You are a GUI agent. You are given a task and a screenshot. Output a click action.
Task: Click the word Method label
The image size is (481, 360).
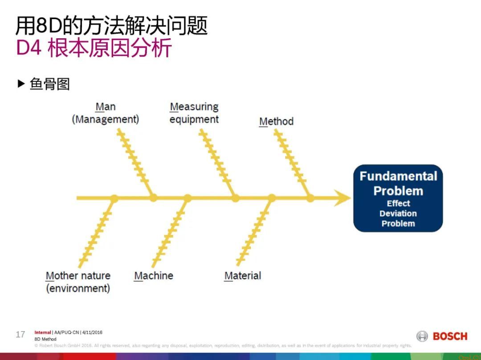[276, 121]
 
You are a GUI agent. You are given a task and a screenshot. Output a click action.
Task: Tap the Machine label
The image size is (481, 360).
[154, 275]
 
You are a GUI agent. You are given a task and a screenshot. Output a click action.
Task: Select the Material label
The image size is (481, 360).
[243, 275]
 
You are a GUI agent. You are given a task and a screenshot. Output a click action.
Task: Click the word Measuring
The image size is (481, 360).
[194, 107]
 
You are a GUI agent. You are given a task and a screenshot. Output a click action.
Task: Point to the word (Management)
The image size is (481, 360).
[106, 119]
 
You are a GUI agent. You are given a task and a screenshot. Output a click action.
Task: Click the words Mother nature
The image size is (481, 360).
[78, 275]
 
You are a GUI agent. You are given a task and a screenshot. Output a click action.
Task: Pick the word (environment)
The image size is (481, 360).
[78, 288]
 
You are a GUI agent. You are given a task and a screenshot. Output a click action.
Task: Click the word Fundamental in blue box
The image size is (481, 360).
[398, 176]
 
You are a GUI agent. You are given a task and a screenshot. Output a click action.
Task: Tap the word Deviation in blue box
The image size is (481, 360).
[398, 214]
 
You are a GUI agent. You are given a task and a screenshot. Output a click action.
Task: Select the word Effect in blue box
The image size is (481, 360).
[398, 203]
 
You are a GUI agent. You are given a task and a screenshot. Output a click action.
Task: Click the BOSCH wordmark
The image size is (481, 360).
[450, 336]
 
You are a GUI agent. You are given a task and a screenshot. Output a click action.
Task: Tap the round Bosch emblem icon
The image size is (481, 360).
[422, 336]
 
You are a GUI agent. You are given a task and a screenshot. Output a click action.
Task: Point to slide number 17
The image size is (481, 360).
[20, 334]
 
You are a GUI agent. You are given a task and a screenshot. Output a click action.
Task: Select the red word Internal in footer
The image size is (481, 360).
[43, 332]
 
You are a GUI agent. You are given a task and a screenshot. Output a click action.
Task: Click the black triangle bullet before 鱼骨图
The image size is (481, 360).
[21, 84]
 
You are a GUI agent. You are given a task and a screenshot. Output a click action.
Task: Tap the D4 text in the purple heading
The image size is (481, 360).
[29, 49]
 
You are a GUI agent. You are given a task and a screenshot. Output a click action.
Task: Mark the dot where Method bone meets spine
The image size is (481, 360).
[310, 198]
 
